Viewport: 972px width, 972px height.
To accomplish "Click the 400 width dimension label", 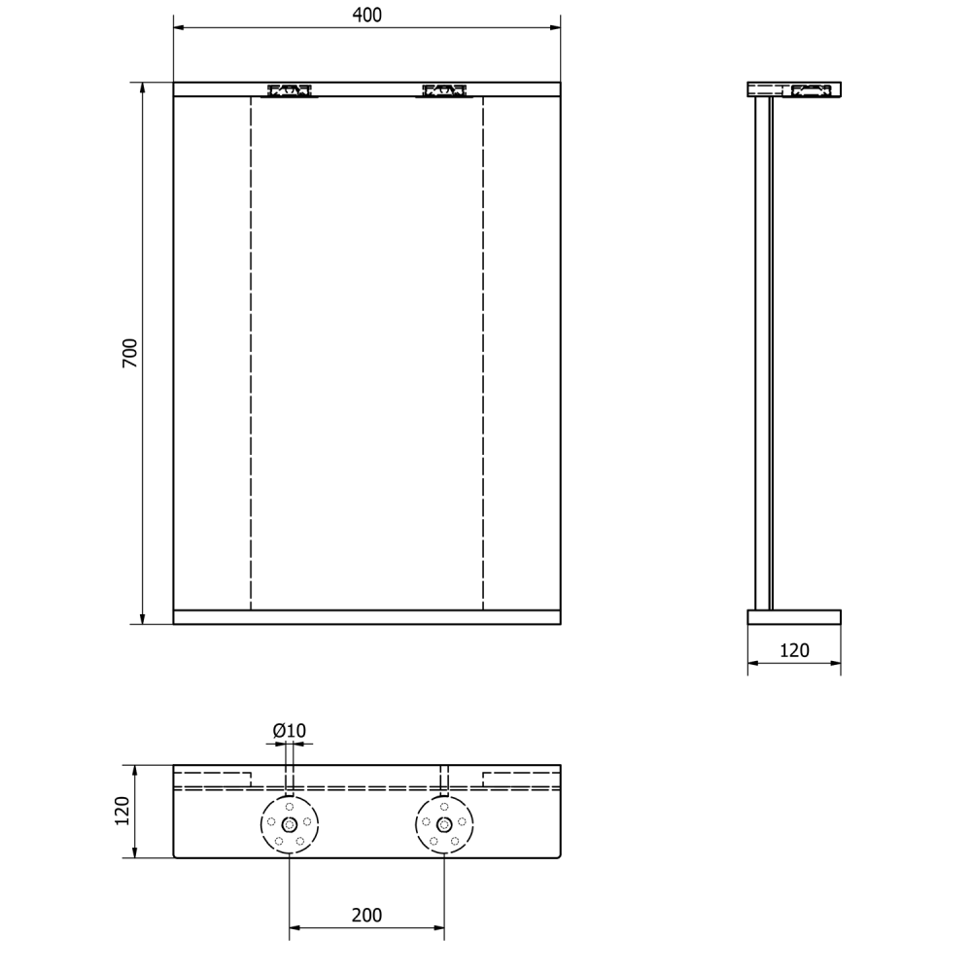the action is pos(367,15).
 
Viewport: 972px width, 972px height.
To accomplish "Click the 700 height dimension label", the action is pos(129,354).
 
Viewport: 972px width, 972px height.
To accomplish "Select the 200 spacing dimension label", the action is pos(367,915).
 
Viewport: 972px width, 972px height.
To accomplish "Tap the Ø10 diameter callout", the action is pos(290,731).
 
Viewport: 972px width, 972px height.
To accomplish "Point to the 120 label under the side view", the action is pos(794,650).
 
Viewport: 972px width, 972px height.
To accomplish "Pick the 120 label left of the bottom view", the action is pos(122,811).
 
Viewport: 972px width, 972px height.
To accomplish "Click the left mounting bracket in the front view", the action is pos(290,90).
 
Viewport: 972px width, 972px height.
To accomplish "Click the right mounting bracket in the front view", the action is pos(444,90).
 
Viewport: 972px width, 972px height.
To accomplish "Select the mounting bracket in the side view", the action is pos(811,90).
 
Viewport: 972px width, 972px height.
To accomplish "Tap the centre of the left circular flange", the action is pos(290,824).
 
